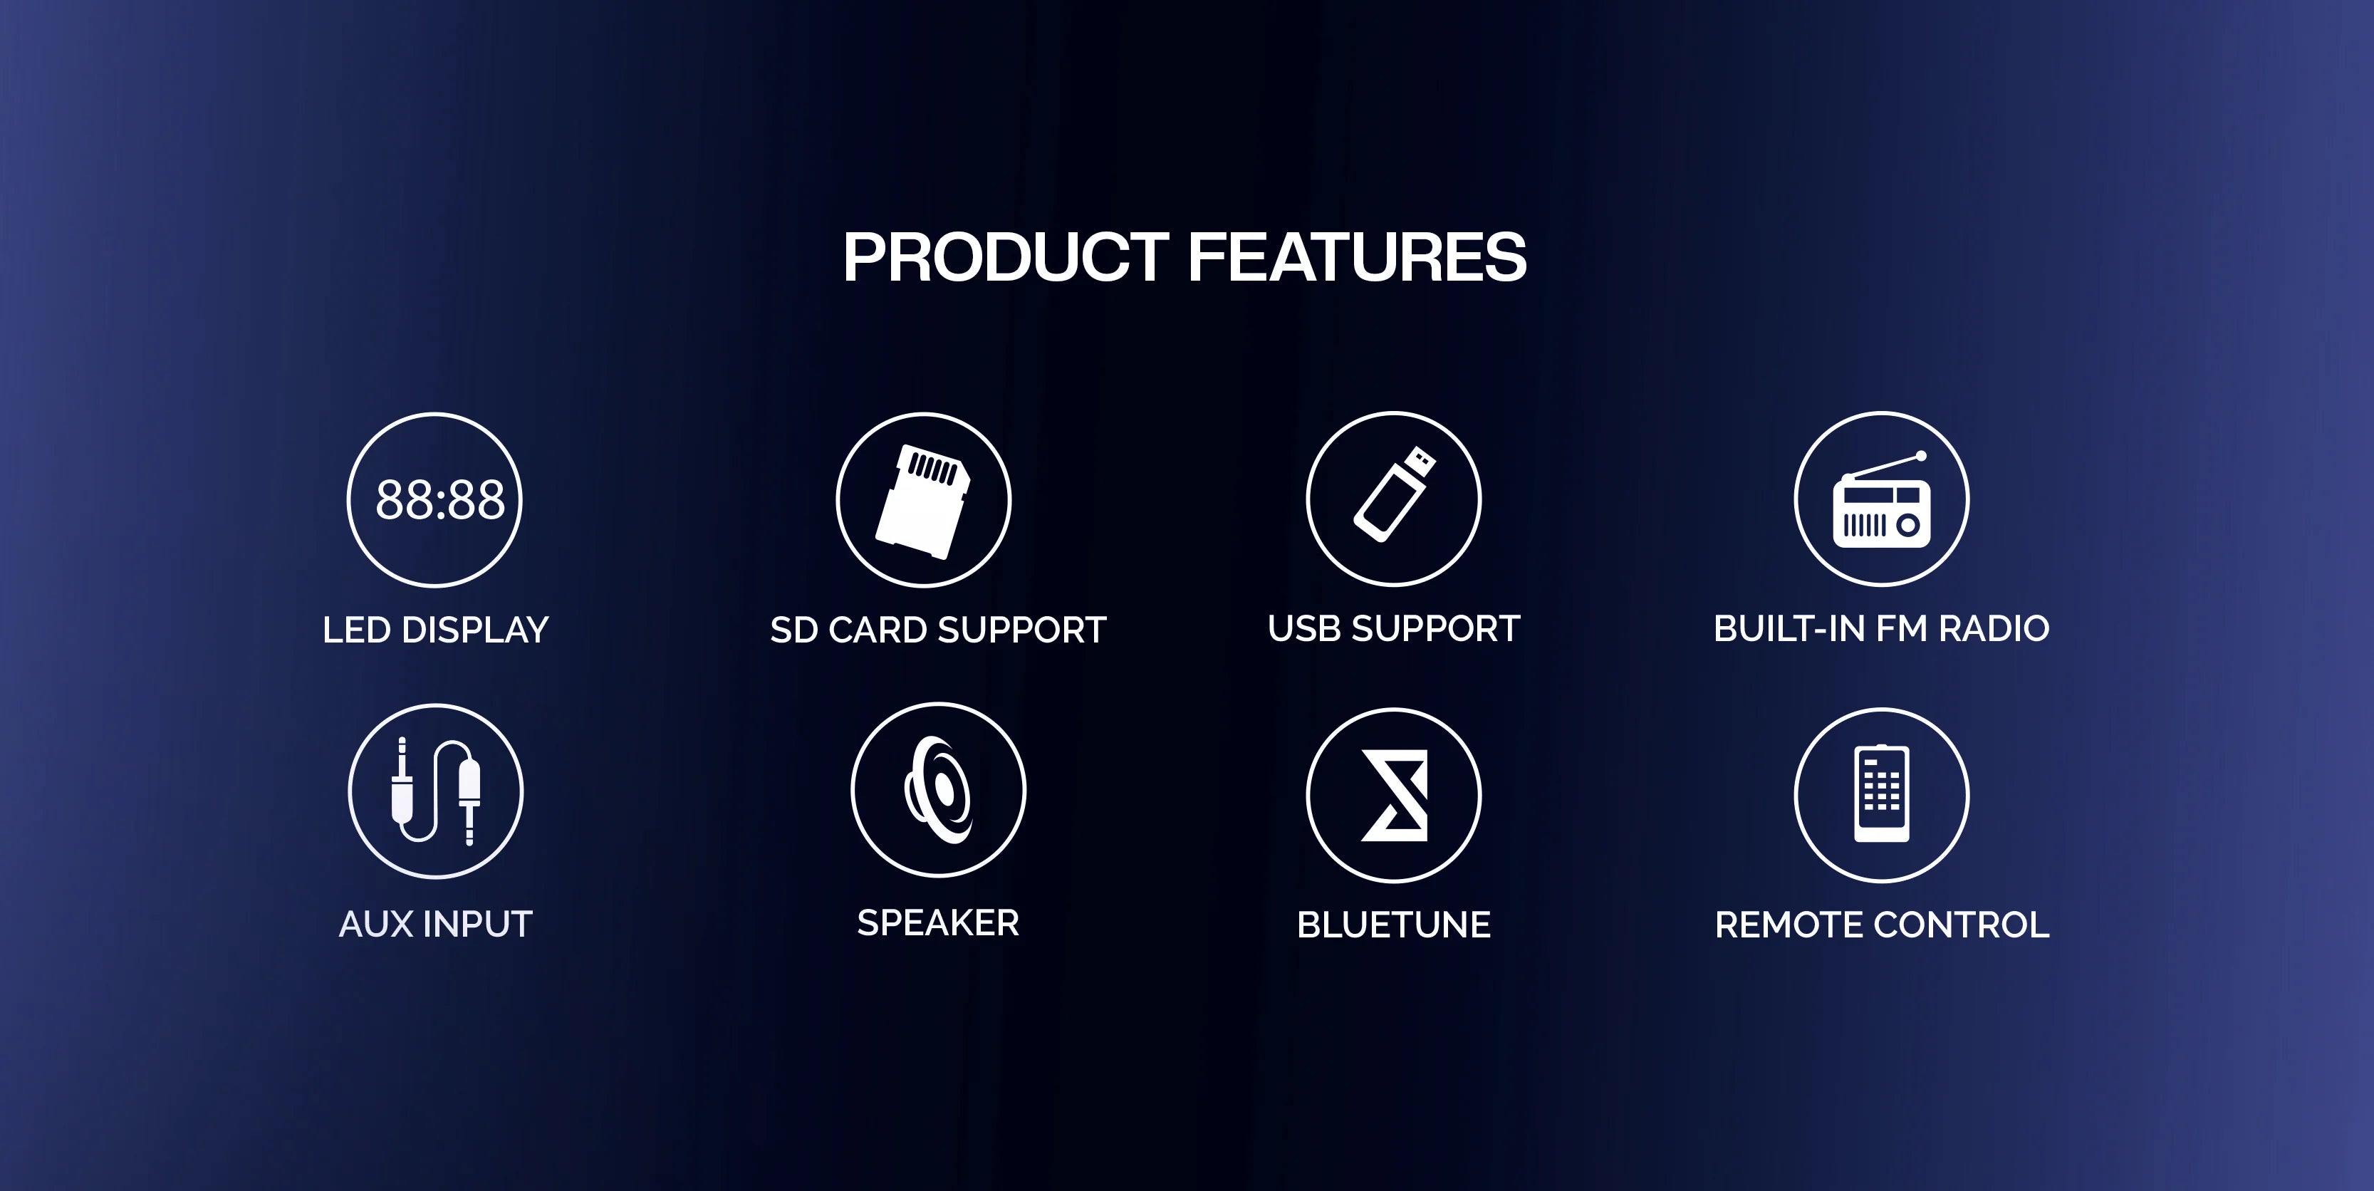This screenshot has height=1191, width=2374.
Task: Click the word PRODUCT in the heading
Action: [1006, 257]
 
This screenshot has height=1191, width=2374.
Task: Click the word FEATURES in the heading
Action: [1358, 257]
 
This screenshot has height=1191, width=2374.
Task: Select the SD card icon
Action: [922, 501]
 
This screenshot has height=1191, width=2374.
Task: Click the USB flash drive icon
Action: [1393, 494]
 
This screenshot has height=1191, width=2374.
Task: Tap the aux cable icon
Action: [436, 791]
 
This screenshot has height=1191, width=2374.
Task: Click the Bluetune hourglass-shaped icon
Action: [1395, 796]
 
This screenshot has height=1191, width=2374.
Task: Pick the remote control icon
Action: [1881, 794]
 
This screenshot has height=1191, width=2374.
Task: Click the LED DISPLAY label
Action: [435, 630]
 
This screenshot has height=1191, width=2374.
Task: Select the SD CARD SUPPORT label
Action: [937, 630]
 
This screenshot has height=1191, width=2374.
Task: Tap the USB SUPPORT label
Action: [1393, 629]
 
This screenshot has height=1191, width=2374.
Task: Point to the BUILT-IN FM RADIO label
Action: [1881, 629]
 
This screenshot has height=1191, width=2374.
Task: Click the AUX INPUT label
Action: [436, 925]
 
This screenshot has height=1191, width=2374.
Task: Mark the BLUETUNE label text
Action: [1393, 925]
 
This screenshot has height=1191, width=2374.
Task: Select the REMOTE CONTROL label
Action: [1882, 925]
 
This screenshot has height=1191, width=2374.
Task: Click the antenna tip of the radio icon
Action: [1920, 455]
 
